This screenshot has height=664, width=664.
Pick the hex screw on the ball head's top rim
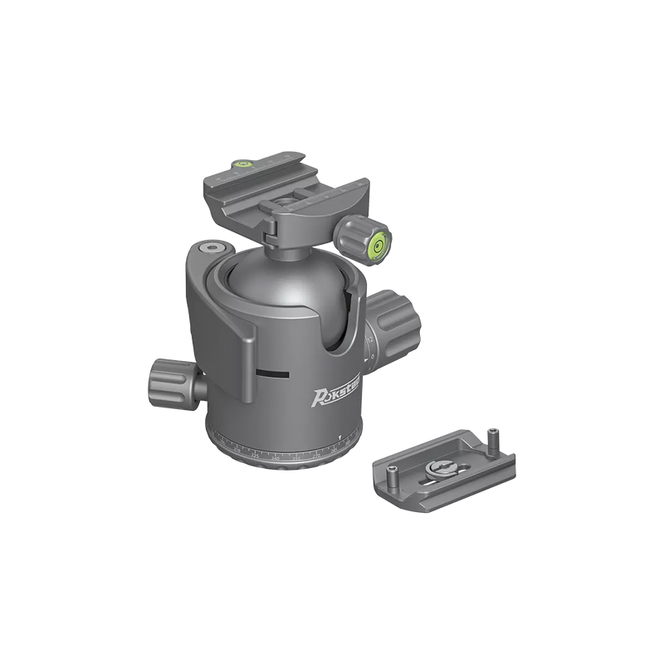click(x=207, y=248)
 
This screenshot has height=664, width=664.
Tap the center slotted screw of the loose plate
click(x=438, y=470)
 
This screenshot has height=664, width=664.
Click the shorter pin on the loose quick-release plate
click(x=390, y=477)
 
